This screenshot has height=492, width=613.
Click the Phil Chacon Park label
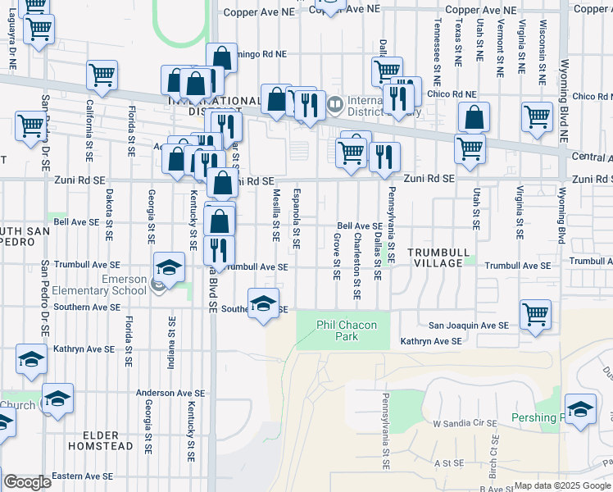[x=347, y=330]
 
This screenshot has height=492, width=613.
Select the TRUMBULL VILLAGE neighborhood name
[x=437, y=257]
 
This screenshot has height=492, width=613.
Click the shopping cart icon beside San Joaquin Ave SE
[x=535, y=313]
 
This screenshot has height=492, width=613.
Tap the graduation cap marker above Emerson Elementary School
[x=168, y=268]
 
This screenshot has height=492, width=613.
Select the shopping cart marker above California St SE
[x=102, y=75]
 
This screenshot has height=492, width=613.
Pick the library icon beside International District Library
[x=334, y=105]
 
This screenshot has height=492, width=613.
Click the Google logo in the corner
[x=26, y=482]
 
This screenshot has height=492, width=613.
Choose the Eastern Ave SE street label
[x=84, y=476]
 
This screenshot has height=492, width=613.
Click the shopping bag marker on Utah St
[x=474, y=118]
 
